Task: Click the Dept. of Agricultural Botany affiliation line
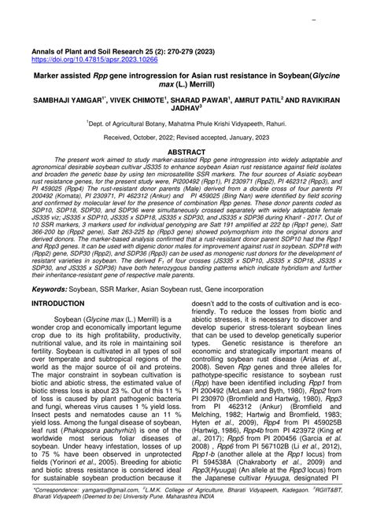tap(186, 126)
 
